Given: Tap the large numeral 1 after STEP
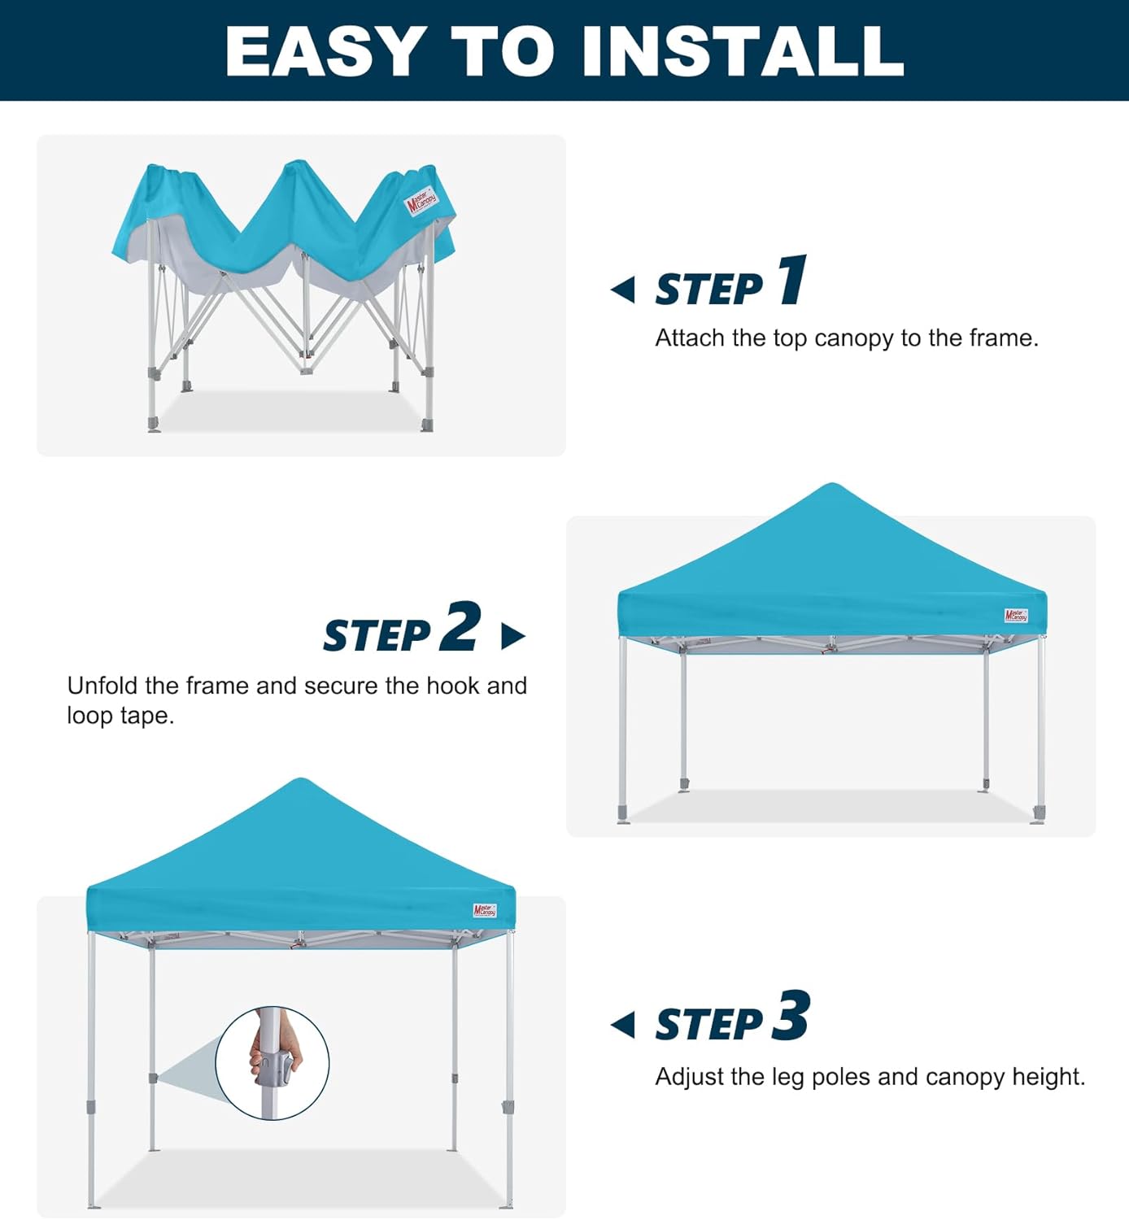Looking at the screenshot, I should coord(791,280).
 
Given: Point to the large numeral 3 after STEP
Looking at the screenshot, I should coord(791,1016).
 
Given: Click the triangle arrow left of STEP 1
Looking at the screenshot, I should coord(624,289).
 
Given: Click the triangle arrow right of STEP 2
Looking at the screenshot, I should coord(512,636).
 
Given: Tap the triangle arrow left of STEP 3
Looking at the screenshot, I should coord(624,1025).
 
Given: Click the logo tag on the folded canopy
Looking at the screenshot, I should coord(421,200).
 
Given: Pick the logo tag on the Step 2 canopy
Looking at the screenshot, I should coord(1016,616).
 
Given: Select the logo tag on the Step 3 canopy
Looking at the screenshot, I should coord(485,910).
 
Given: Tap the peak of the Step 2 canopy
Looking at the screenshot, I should coord(830,488).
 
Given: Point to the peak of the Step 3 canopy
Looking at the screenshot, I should coord(300,782).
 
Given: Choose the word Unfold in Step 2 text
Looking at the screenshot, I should coord(102,686).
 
